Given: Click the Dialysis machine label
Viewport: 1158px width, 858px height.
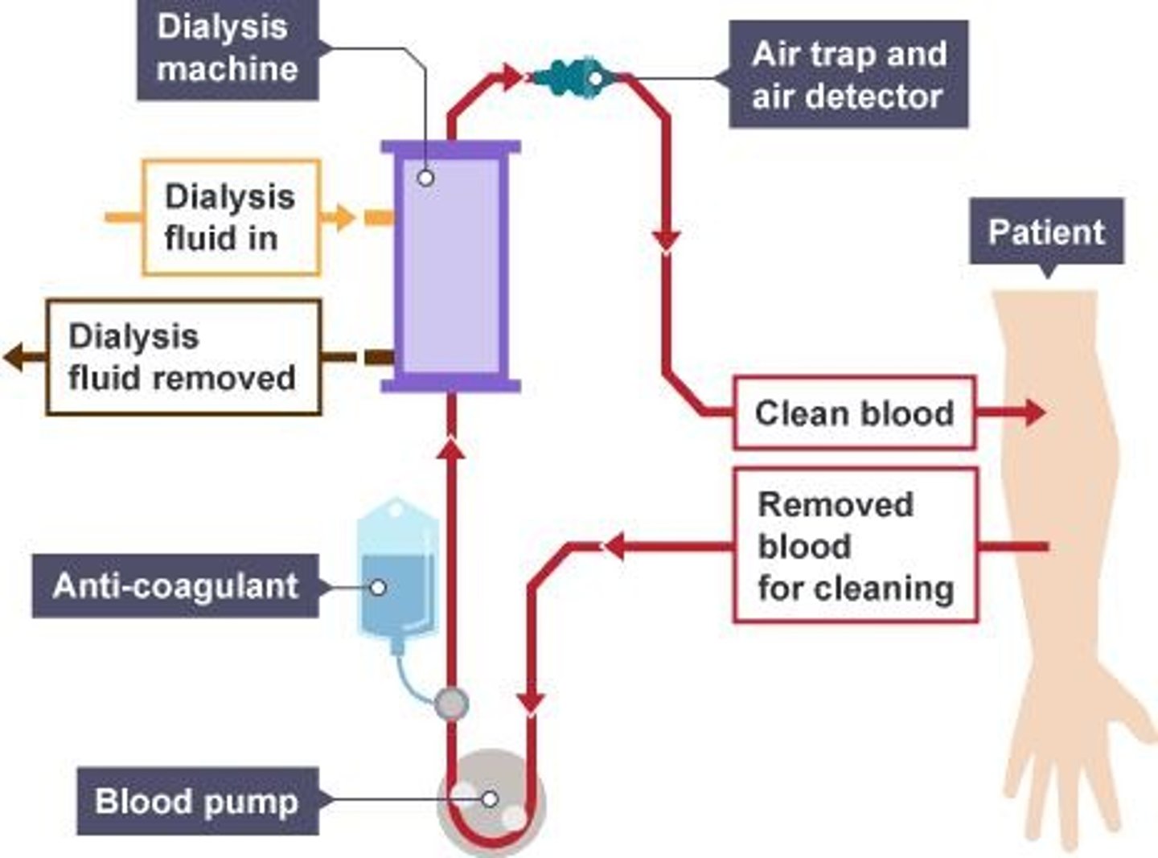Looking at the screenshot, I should point(228,49).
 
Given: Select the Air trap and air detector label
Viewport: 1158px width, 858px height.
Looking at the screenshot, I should point(848,75).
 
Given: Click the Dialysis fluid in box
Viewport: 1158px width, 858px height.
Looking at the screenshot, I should point(232,217).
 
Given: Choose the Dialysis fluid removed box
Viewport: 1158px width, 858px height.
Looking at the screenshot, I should point(183,358).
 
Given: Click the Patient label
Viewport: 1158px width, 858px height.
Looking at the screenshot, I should point(1046,232).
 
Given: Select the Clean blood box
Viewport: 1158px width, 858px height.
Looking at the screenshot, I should point(854,413).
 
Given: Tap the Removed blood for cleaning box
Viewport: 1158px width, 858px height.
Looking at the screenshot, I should point(856,546).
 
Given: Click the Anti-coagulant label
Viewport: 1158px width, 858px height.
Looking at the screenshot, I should point(175,586).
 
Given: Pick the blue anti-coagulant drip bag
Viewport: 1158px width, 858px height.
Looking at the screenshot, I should point(397,571).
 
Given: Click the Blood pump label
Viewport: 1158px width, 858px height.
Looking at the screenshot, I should point(197,802).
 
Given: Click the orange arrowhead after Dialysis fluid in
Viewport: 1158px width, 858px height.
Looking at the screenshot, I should point(344,217).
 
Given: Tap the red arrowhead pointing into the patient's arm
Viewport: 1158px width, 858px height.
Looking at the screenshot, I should point(1033,413).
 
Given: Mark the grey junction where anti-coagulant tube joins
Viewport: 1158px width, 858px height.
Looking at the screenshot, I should point(451,704).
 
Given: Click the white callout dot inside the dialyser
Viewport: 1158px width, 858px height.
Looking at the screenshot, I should point(426,178).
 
